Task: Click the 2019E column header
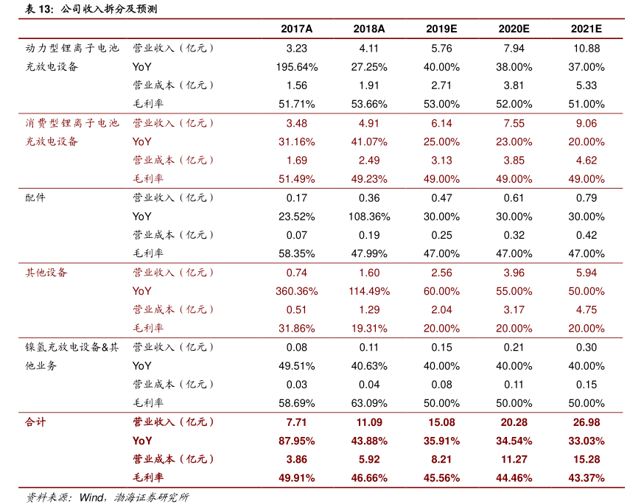click(x=441, y=29)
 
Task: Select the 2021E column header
click(x=587, y=29)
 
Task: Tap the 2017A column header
click(x=297, y=29)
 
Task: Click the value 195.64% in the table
click(x=297, y=67)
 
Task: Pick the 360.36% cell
click(x=297, y=291)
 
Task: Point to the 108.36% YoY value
click(x=369, y=217)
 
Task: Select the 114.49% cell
click(x=369, y=291)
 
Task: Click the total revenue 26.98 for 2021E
click(x=587, y=422)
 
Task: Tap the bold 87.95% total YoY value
click(x=297, y=441)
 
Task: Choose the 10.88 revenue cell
click(x=587, y=49)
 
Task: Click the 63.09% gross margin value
click(x=369, y=403)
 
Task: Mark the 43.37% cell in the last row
click(x=587, y=477)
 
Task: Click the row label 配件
click(x=35, y=197)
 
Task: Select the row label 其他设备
click(x=46, y=273)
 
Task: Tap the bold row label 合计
click(x=35, y=422)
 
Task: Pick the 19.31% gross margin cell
click(x=369, y=329)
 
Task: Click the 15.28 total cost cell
click(x=587, y=459)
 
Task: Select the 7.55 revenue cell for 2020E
click(x=514, y=123)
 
